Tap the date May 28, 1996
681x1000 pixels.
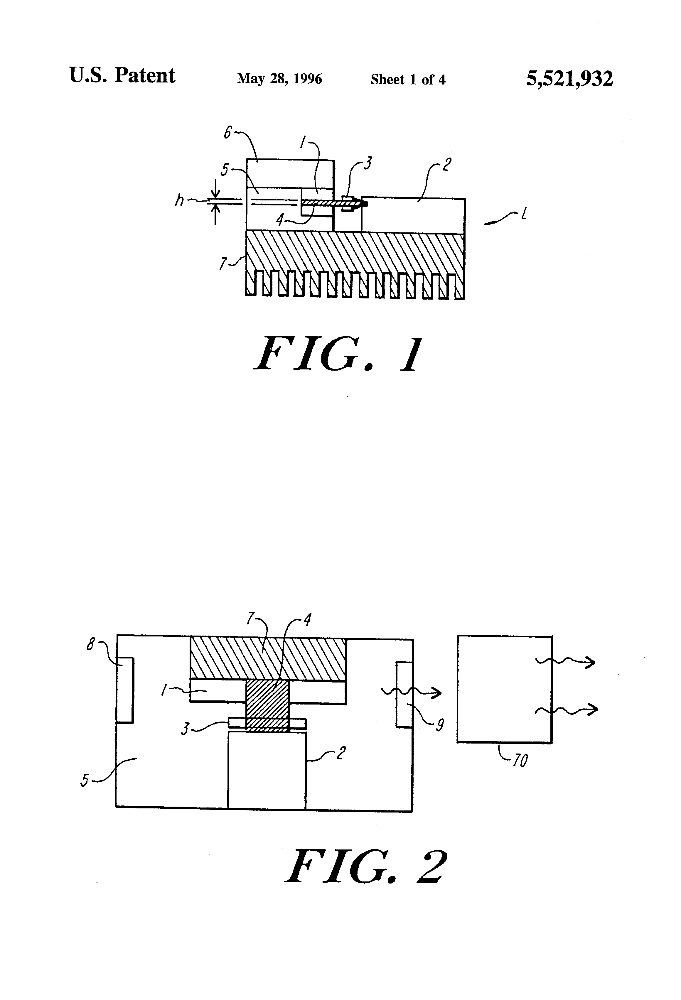[279, 78]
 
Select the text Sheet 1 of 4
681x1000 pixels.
[408, 79]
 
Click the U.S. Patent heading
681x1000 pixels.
[122, 76]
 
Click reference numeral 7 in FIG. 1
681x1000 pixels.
[222, 263]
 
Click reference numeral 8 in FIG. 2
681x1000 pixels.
[90, 644]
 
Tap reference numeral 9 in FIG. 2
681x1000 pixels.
[439, 725]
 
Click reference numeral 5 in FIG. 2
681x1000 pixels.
[85, 780]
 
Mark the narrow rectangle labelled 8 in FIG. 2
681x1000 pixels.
[125, 690]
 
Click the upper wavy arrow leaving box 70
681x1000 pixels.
[565, 662]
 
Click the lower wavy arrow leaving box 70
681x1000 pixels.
[567, 710]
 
